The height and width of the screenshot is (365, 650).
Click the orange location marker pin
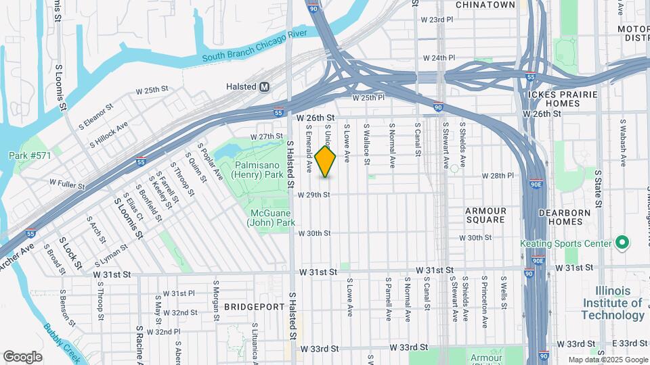(x=326, y=162)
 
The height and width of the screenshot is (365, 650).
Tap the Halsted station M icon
(x=265, y=87)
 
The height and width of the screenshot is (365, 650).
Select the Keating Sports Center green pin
(x=622, y=243)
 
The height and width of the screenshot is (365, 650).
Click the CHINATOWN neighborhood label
(x=485, y=5)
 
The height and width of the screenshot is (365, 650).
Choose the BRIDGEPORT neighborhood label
(x=254, y=307)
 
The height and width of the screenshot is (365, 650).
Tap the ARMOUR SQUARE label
(x=486, y=215)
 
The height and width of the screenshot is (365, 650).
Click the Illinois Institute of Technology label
(x=613, y=303)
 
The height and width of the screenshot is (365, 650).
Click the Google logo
(x=22, y=356)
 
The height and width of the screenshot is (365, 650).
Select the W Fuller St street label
(x=67, y=183)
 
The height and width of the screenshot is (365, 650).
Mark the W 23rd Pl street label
(x=437, y=20)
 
